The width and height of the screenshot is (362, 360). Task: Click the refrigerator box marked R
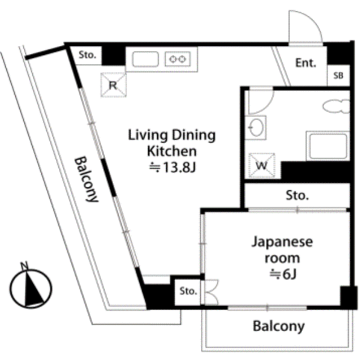click(113, 85)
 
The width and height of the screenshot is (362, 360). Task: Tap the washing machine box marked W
click(261, 165)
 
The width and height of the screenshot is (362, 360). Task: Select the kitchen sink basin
click(145, 59)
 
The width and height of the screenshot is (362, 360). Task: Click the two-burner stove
click(178, 59)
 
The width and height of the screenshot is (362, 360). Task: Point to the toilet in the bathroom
click(337, 106)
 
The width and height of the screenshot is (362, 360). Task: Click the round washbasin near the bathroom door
click(256, 127)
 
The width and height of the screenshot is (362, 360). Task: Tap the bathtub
click(328, 145)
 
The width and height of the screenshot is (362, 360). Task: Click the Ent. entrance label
click(305, 63)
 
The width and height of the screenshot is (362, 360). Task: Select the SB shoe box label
click(338, 75)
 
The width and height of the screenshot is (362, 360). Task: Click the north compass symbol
click(31, 289)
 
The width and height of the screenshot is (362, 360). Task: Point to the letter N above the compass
click(24, 265)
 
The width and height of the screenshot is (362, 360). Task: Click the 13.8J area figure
click(173, 168)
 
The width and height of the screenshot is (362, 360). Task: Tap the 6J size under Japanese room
click(283, 275)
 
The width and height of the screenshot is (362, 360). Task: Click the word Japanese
click(282, 242)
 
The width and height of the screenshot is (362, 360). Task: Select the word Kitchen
click(172, 151)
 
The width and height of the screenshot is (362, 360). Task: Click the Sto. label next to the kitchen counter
click(87, 55)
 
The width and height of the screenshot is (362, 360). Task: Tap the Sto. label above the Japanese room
click(297, 195)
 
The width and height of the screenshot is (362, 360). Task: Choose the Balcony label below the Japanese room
click(279, 327)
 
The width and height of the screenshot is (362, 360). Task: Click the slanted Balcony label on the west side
click(87, 179)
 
